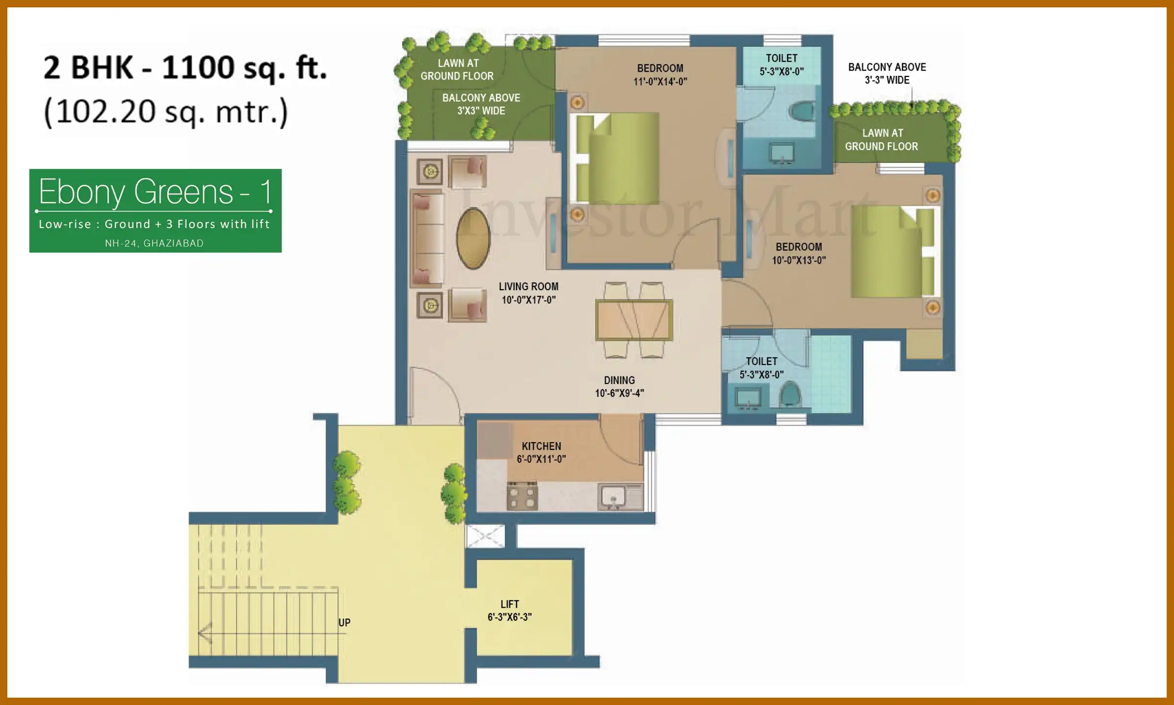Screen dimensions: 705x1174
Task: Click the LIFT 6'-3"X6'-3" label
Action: [509, 610]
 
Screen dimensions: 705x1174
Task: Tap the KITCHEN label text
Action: [541, 446]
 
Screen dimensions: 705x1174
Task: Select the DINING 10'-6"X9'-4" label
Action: [619, 386]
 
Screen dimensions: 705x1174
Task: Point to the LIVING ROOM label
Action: [528, 287]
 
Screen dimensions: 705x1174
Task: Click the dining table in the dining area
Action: [634, 320]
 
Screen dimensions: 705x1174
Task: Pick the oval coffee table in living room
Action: [473, 238]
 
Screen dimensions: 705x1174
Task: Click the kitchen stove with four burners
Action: [522, 496]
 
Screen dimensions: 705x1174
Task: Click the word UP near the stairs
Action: [344, 622]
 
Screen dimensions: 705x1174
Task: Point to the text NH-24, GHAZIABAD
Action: [154, 243]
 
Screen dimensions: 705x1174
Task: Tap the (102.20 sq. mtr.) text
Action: [166, 112]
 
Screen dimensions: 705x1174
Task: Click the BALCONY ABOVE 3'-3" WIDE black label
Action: [886, 73]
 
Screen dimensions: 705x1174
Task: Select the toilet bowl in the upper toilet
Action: [802, 111]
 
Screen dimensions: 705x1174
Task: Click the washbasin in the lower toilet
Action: [748, 398]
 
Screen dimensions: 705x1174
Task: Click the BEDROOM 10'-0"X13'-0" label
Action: [799, 253]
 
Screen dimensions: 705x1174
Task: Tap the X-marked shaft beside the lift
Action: [485, 536]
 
